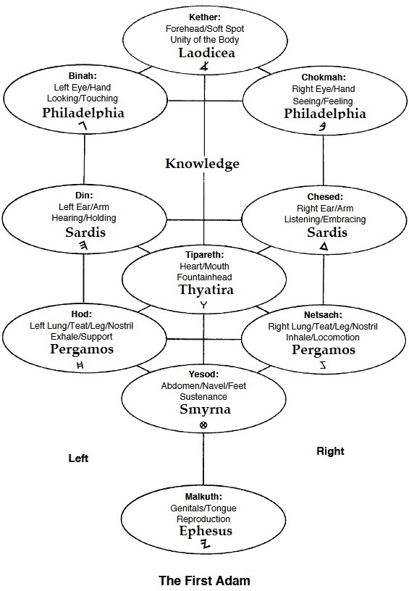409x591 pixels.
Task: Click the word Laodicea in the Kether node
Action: pos(207,53)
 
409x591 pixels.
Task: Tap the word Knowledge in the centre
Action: pos(202,164)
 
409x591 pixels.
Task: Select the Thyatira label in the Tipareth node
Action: pos(206,290)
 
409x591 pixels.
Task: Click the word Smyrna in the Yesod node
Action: pos(206,409)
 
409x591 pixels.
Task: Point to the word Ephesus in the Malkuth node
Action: pos(206,531)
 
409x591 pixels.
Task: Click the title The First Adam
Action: pos(204,580)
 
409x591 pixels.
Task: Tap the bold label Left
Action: pos(78,458)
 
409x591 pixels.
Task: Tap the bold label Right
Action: pos(330,451)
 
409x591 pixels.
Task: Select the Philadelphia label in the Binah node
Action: pos(83,113)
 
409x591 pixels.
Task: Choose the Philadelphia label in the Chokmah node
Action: pos(325,114)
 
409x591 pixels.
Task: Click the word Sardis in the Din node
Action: pos(85,232)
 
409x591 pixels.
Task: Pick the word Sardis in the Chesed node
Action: pos(327,232)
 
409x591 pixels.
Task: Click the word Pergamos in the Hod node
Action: pos(82,349)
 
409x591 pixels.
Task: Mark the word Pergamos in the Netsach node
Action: pos(324,350)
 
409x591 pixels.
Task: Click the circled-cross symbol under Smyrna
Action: pos(203,425)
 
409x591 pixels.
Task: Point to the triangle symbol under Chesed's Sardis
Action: pos(324,246)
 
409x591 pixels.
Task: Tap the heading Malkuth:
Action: pos(203,497)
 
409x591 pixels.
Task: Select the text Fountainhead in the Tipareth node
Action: pos(204,277)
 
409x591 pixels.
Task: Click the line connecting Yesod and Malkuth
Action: pos(203,459)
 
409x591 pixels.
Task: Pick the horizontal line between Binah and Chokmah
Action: pos(206,101)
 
